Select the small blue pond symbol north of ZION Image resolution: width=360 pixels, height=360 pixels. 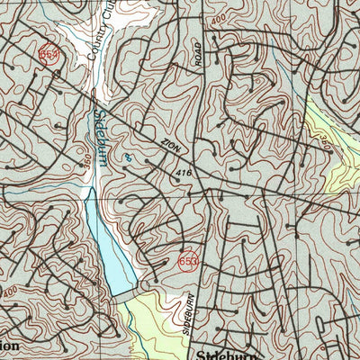[x=128, y=157]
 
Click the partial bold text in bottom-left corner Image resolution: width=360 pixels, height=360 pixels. [x=9, y=346]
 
